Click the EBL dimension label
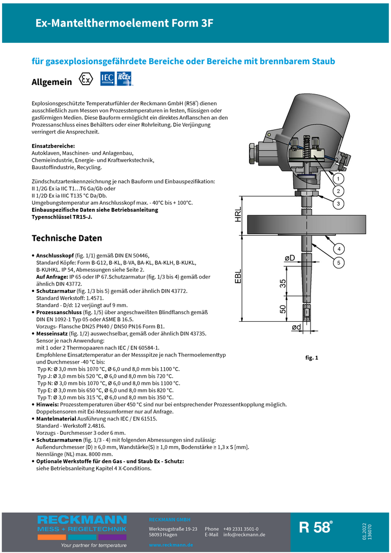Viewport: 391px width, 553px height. [238, 276]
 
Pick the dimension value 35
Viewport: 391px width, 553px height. [283, 284]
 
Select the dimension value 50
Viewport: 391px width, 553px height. [283, 309]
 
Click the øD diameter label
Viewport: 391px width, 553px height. [289, 259]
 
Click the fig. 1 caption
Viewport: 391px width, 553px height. [312, 358]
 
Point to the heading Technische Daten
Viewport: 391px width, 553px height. [67, 238]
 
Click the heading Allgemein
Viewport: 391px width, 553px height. [52, 82]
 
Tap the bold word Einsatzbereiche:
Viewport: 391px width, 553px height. [53, 146]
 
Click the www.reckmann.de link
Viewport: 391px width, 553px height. [171, 545]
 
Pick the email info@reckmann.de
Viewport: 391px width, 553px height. [244, 535]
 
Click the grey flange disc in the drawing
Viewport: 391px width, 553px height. [305, 225]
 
